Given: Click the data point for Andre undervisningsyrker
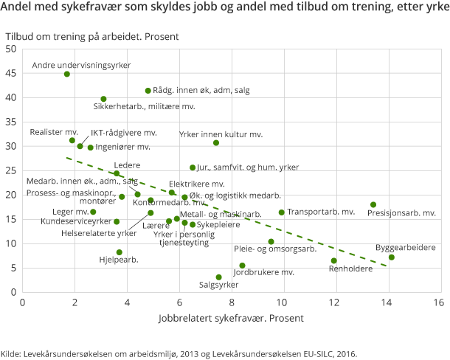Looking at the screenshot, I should click(x=67, y=74).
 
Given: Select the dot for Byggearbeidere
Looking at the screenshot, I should click(x=392, y=257).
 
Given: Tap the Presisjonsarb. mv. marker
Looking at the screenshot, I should click(x=373, y=204).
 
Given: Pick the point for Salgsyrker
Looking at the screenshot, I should click(x=219, y=277).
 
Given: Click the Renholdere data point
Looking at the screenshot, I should click(x=334, y=260).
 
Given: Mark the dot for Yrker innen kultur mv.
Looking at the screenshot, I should click(x=216, y=142).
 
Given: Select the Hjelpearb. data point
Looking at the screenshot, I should click(x=120, y=252).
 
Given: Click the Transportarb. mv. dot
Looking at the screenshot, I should click(x=282, y=212).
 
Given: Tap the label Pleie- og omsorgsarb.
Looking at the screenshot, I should click(x=275, y=249).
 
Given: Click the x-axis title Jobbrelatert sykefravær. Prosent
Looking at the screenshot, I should click(x=231, y=319).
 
